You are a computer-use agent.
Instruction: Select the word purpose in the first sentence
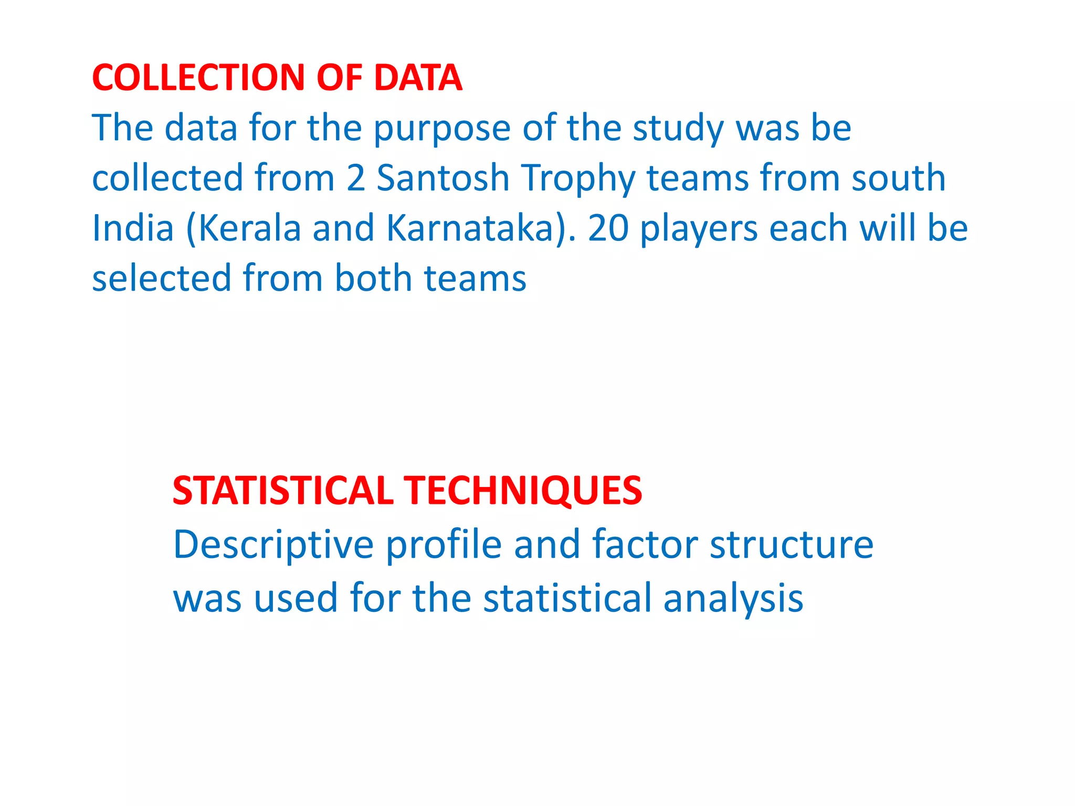[x=441, y=129]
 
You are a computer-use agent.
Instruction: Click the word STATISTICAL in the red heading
[x=283, y=491]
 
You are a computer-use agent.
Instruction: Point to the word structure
[x=792, y=544]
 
